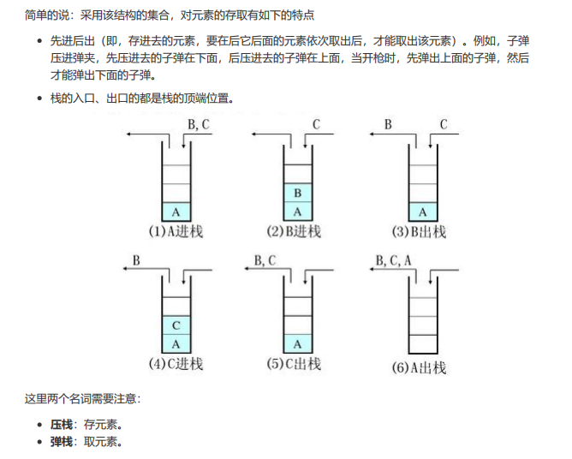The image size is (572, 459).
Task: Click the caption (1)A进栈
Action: pyautogui.click(x=176, y=232)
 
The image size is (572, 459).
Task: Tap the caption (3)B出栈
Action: pyautogui.click(x=419, y=232)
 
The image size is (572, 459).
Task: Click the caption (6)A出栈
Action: pyautogui.click(x=419, y=368)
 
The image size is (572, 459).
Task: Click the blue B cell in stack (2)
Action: pyautogui.click(x=297, y=193)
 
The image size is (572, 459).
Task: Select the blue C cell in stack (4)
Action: pyautogui.click(x=176, y=325)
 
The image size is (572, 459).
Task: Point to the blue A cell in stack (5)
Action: pyautogui.click(x=297, y=344)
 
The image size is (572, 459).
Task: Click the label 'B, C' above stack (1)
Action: pyautogui.click(x=199, y=125)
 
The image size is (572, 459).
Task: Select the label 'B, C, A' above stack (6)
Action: pyautogui.click(x=394, y=260)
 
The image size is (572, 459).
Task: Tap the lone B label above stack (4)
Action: pyautogui.click(x=137, y=259)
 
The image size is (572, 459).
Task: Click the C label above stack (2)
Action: pyautogui.click(x=316, y=125)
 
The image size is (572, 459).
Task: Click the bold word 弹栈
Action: pyautogui.click(x=61, y=442)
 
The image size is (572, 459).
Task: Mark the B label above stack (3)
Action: pyautogui.click(x=388, y=125)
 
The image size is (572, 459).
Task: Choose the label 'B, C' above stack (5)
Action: pyautogui.click(x=265, y=260)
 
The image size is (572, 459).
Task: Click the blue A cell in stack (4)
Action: pyautogui.click(x=176, y=344)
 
